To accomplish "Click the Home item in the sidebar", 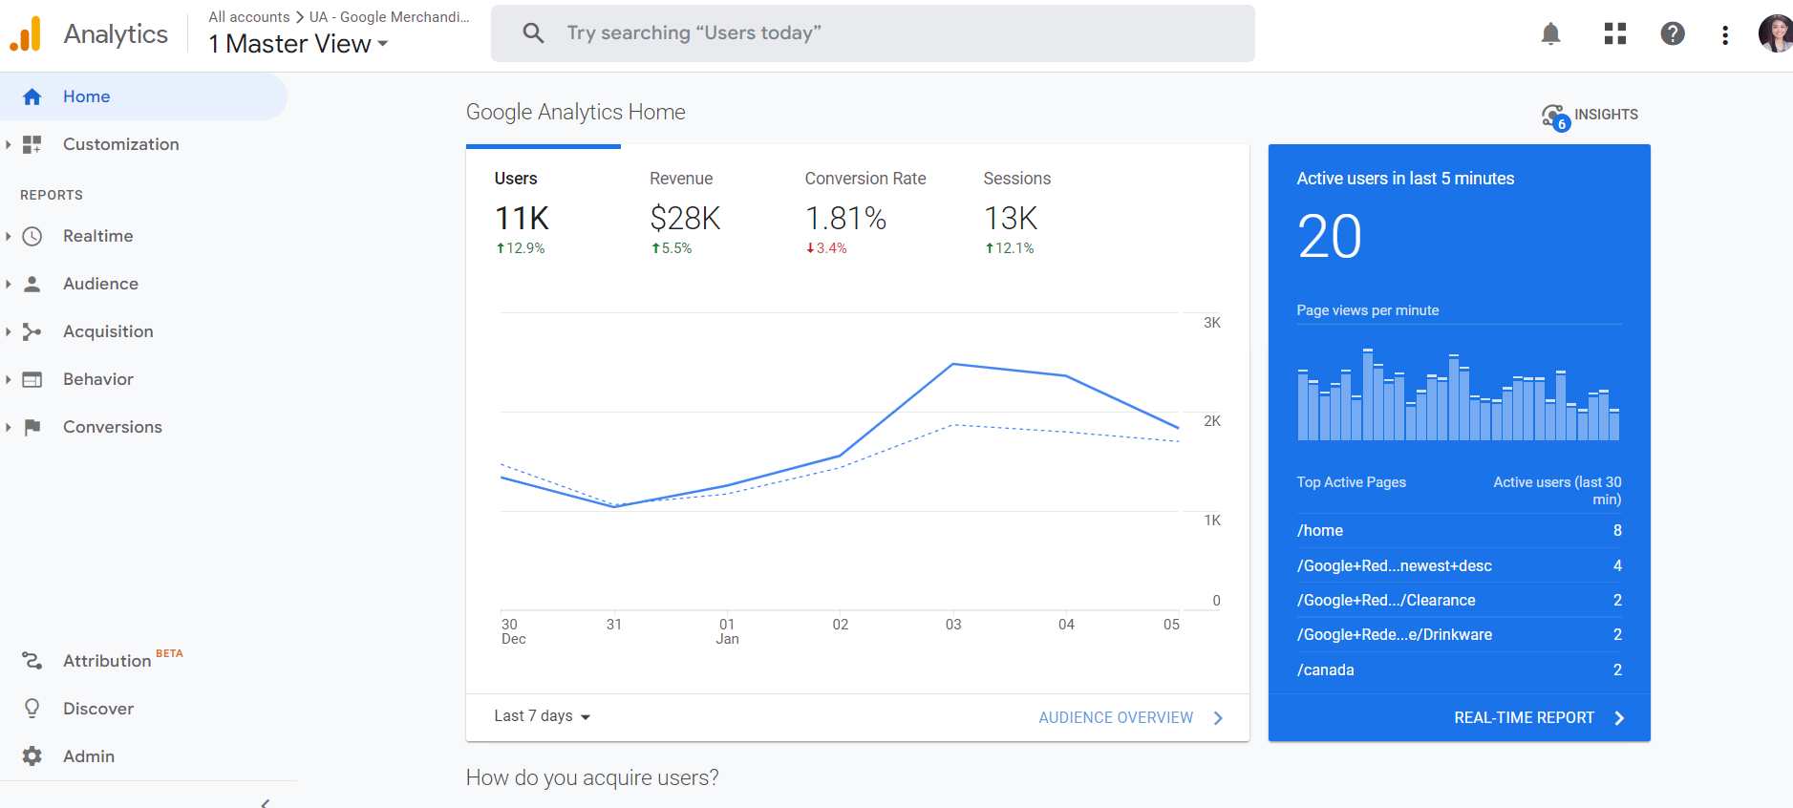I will (x=86, y=96).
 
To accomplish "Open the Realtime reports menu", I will (x=97, y=236).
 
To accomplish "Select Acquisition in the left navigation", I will (x=108, y=331).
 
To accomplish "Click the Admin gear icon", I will (x=32, y=756).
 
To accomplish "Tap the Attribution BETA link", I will (x=107, y=661).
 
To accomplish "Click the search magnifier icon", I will (x=533, y=33).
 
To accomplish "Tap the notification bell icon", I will (x=1550, y=34).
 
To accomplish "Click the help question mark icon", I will (x=1672, y=34).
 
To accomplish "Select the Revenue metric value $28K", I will (x=685, y=219).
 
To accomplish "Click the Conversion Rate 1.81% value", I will (x=845, y=219).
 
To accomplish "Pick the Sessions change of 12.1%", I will (x=1010, y=248).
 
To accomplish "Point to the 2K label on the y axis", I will (x=1211, y=421).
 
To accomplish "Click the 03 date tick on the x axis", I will (x=952, y=625).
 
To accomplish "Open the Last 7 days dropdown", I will (x=542, y=716).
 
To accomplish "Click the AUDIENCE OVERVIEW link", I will (x=1116, y=718).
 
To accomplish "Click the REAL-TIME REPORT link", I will (x=1524, y=718).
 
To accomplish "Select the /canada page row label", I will (x=1325, y=670).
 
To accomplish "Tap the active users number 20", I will (x=1329, y=237).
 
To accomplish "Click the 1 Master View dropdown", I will (x=298, y=44).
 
